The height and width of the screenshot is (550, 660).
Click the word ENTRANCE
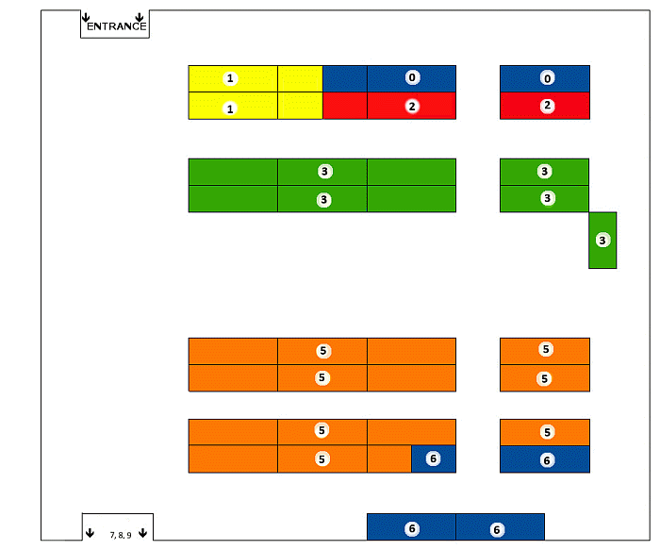pos(116,26)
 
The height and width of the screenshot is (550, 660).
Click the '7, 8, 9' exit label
pos(120,535)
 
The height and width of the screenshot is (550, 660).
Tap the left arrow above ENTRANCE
pos(87,18)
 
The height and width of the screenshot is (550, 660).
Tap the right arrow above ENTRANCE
pos(140,18)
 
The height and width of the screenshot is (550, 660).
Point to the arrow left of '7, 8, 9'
pos(90,534)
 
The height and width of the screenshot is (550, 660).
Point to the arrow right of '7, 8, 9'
pos(142,534)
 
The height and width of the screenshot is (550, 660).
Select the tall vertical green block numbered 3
pos(602,241)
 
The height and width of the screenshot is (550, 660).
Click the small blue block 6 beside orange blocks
pos(434,458)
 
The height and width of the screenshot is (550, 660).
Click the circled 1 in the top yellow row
pos(229,77)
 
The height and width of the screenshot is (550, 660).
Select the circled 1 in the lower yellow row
pos(229,108)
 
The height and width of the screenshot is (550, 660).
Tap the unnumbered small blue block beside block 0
pos(345,78)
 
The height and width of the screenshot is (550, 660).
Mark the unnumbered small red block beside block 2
pos(345,106)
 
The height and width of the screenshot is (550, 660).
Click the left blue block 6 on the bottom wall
pos(411,528)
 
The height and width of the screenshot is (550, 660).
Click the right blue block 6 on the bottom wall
pos(497,528)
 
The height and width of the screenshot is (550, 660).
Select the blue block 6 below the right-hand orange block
pos(545,459)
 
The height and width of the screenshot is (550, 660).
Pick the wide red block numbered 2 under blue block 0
pos(411,106)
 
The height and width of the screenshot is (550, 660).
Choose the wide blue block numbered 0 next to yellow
pos(411,78)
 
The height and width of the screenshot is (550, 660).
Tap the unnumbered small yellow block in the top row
pos(300,78)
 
